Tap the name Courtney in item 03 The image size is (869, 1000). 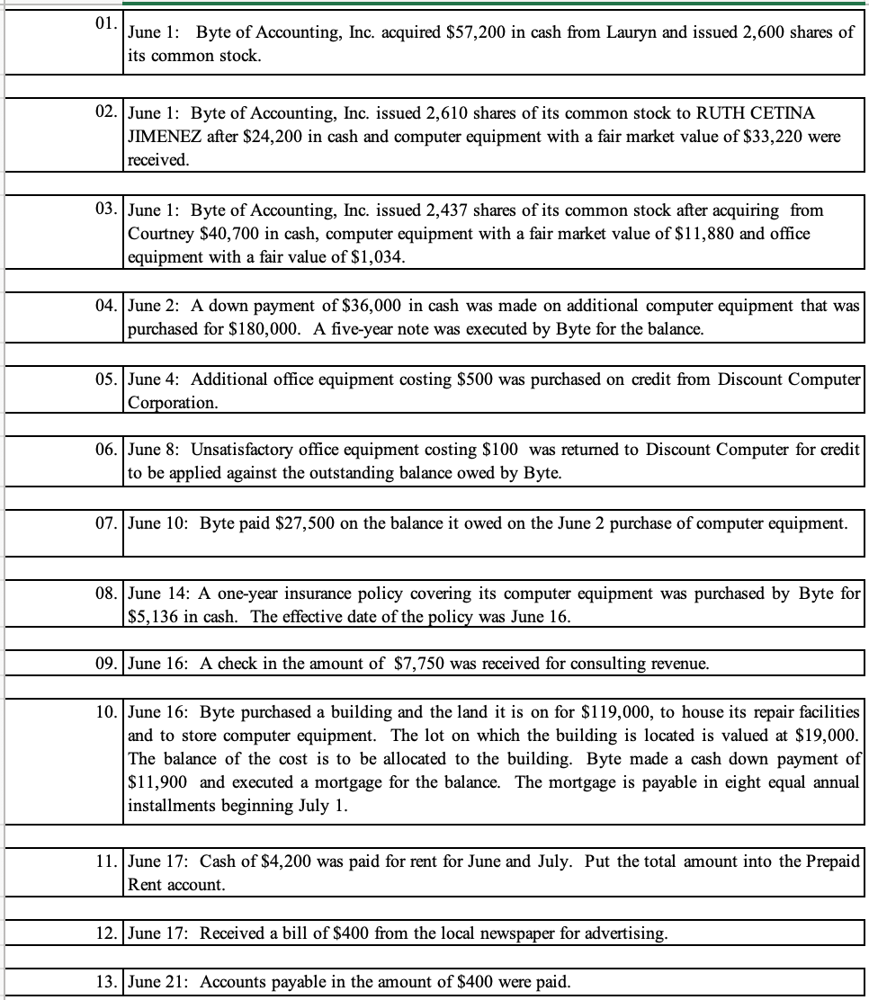click(x=160, y=234)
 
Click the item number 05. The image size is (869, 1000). click(x=106, y=378)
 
